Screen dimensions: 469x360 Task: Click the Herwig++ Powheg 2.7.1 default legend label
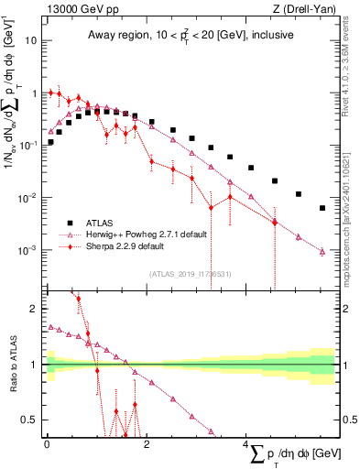coord(148,234)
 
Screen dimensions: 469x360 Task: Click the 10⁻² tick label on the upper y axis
coord(28,199)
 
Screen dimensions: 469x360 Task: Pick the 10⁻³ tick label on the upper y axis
coord(28,251)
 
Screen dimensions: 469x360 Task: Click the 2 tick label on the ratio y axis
coord(35,309)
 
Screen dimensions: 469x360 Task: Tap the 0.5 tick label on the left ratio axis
coord(30,420)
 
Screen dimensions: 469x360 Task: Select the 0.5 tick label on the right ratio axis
coord(347,420)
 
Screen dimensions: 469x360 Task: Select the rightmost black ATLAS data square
coord(322,208)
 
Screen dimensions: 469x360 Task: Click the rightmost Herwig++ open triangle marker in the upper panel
coord(322,251)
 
